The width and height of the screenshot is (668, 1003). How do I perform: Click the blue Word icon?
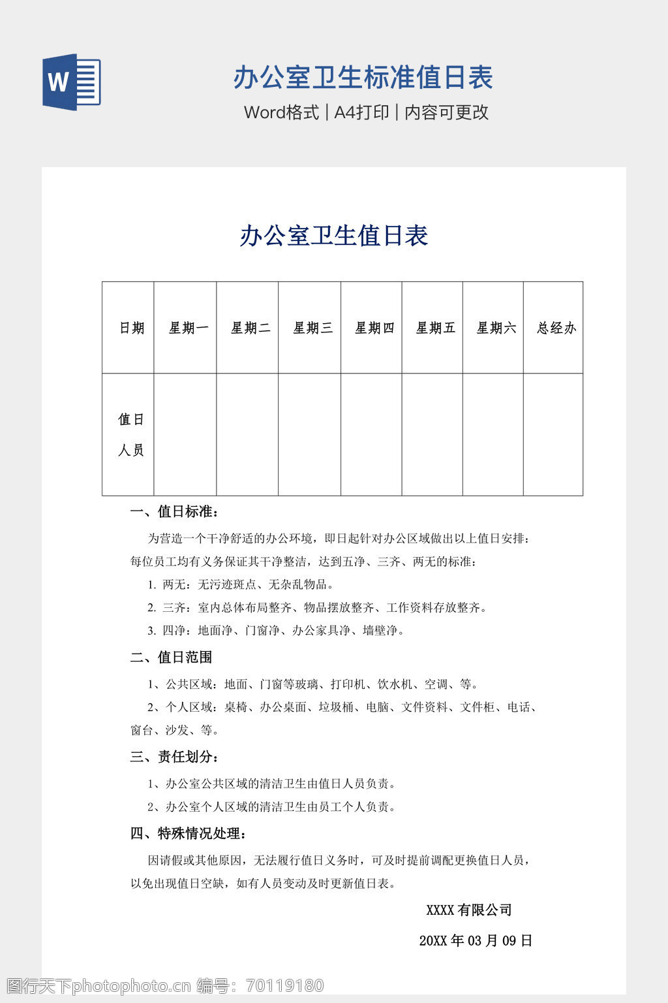click(x=71, y=82)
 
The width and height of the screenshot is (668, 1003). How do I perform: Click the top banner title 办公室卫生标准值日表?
click(x=363, y=78)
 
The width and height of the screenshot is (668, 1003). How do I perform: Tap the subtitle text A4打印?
click(x=361, y=112)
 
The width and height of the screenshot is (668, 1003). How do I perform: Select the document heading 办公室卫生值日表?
click(x=333, y=236)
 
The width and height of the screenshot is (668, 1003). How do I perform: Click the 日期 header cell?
click(x=131, y=328)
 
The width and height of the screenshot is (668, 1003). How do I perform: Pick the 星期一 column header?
click(x=189, y=328)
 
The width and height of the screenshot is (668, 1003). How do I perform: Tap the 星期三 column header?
click(x=312, y=328)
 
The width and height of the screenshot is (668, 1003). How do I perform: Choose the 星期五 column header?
click(x=435, y=328)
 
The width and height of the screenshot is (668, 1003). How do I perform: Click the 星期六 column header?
click(x=496, y=328)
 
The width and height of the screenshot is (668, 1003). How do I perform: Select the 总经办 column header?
click(x=556, y=328)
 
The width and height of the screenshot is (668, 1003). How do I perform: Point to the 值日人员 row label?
click(x=130, y=434)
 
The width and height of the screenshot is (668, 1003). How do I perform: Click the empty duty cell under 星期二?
click(x=247, y=434)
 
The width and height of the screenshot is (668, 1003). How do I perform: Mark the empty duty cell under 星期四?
click(x=371, y=434)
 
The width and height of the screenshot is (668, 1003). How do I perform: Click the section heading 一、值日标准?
click(x=174, y=511)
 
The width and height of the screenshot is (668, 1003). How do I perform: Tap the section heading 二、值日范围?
click(x=171, y=657)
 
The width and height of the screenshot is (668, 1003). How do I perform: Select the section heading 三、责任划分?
click(x=174, y=757)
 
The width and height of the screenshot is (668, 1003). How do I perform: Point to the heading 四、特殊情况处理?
click(x=189, y=833)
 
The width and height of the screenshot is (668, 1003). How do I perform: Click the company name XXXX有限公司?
click(x=468, y=910)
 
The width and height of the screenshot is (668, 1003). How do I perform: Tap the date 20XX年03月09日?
click(x=476, y=940)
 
